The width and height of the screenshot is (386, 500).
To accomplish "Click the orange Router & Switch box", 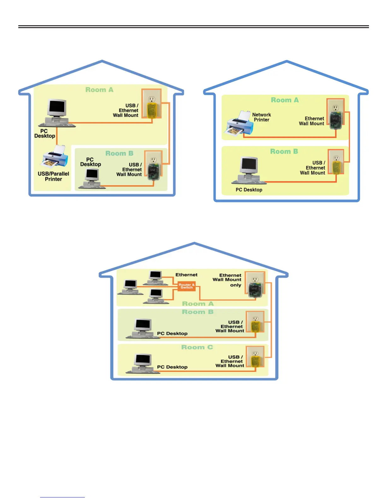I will [186, 286].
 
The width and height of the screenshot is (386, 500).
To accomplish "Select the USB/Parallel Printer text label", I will [53, 176].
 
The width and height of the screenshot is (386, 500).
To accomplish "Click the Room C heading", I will [197, 347].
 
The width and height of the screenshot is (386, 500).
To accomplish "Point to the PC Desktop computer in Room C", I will [143, 363].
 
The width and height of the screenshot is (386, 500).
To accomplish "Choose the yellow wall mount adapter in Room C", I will [255, 361].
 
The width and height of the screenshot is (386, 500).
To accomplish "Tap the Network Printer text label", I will [261, 117].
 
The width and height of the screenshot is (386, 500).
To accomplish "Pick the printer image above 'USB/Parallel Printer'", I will [55, 157].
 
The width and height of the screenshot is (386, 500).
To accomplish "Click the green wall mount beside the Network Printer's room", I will [334, 120].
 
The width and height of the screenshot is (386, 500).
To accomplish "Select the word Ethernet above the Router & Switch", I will [186, 275].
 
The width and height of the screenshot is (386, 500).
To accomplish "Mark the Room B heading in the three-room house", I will [198, 312].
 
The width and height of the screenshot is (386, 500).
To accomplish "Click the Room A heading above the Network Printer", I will [284, 100].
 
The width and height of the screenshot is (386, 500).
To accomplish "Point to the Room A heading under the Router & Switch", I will [198, 304].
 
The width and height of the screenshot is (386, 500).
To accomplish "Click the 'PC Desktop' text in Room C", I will [172, 367].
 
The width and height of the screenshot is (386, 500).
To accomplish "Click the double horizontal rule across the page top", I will [193, 27].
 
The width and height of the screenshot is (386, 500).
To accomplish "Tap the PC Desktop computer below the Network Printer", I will [249, 170].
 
